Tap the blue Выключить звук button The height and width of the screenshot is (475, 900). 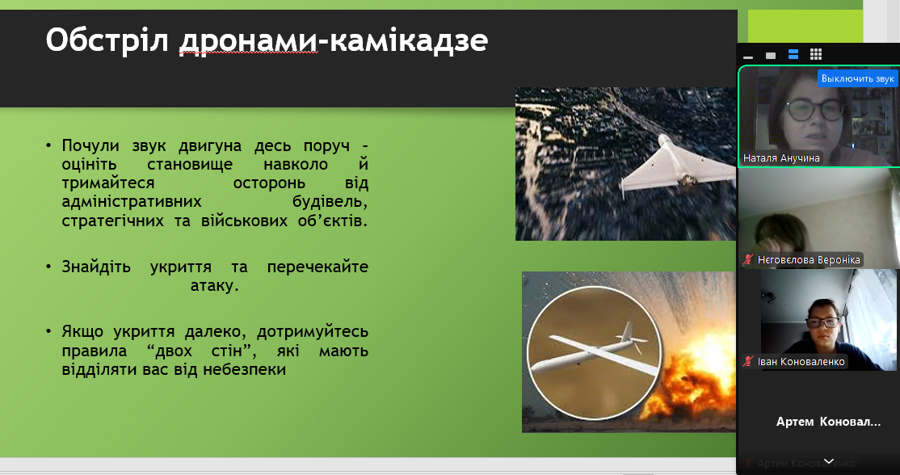tap(857, 78)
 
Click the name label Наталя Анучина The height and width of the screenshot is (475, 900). tap(782, 158)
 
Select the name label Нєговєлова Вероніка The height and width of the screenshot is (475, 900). tap(809, 260)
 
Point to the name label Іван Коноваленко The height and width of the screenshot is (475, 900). tap(801, 361)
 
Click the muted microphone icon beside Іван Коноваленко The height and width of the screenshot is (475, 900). tap(748, 361)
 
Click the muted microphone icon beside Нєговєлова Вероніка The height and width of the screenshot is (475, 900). tap(748, 260)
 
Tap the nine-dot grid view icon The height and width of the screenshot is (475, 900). tap(816, 54)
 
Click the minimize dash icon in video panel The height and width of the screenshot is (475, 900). tap(748, 57)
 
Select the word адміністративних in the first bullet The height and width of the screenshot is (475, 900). tap(132, 202)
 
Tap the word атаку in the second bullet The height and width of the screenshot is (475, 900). tap(215, 286)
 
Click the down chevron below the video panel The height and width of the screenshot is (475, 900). tap(829, 460)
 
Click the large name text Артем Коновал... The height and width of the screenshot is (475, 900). tap(828, 422)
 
